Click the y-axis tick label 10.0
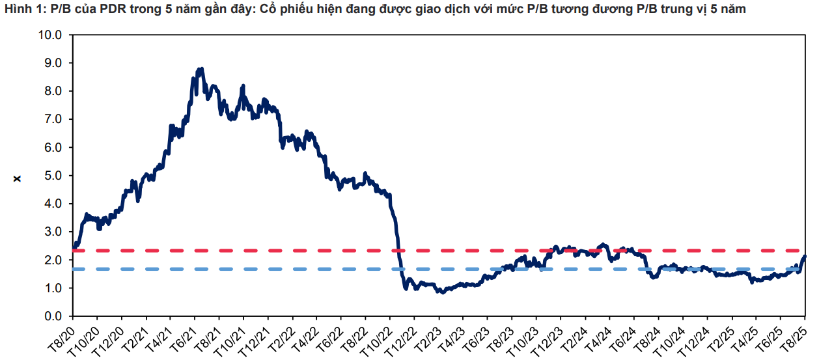[52, 35]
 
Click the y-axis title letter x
[17, 176]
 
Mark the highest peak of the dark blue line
[202, 68]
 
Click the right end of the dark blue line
[805, 256]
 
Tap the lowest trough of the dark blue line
[443, 292]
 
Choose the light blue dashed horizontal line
[326, 269]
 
